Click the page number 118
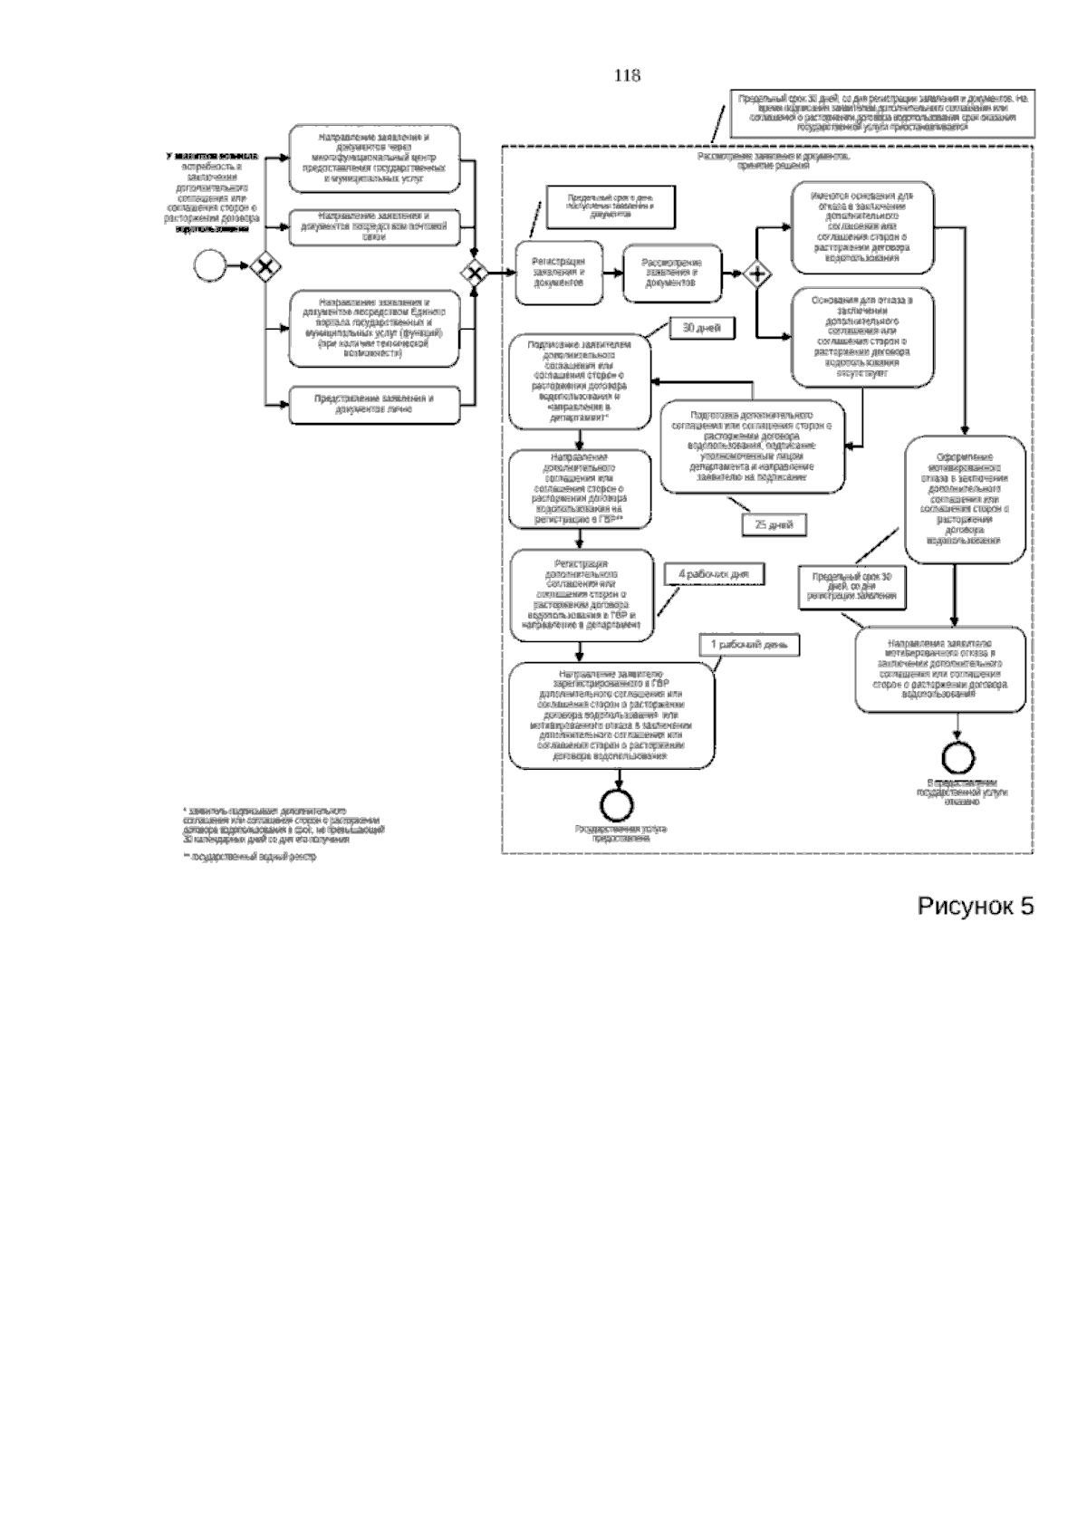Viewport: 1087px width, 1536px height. [x=627, y=76]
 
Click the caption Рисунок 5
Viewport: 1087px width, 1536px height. [x=976, y=906]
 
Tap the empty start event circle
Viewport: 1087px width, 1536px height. [x=209, y=266]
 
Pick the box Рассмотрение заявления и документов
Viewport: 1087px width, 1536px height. [x=672, y=273]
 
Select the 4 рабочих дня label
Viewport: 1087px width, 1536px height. [x=715, y=574]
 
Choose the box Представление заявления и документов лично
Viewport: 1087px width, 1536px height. [x=374, y=404]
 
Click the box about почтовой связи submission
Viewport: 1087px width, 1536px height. [x=374, y=227]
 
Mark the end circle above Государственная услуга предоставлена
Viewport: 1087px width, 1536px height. [x=620, y=803]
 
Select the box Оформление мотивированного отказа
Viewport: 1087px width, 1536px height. [x=966, y=498]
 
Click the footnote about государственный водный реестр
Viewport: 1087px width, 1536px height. [x=250, y=856]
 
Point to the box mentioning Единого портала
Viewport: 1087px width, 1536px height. [x=374, y=328]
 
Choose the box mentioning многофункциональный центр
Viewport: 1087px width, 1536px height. [x=374, y=158]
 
